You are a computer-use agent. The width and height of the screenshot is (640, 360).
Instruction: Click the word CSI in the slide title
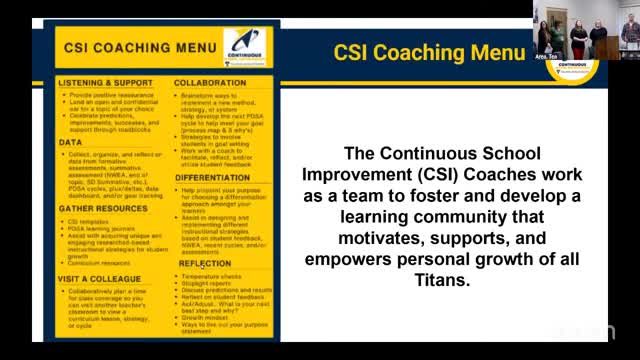pos(352,52)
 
